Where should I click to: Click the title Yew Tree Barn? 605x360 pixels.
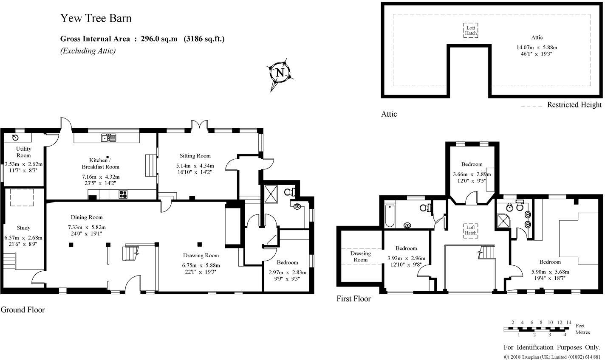tap(96, 18)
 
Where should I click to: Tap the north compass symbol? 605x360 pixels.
tap(280, 73)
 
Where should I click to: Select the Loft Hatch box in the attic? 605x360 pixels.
tap(470, 31)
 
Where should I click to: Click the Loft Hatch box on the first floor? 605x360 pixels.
tap(470, 230)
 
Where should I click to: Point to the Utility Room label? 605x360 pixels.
tap(23, 152)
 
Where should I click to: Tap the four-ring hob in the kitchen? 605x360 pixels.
tap(123, 194)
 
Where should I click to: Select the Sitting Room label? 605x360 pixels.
tap(195, 156)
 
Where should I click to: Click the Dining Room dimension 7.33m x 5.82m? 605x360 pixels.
tap(87, 227)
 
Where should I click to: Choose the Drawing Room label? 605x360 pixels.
tap(201, 255)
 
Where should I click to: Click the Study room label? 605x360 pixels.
tap(23, 228)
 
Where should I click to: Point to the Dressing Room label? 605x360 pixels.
tap(360, 256)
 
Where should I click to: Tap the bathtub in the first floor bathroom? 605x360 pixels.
tap(389, 216)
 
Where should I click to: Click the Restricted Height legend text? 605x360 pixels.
tap(574, 105)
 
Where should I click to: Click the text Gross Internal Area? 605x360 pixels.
tap(95, 39)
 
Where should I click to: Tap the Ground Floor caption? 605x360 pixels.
tap(23, 310)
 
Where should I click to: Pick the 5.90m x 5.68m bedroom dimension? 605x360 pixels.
tap(550, 272)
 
